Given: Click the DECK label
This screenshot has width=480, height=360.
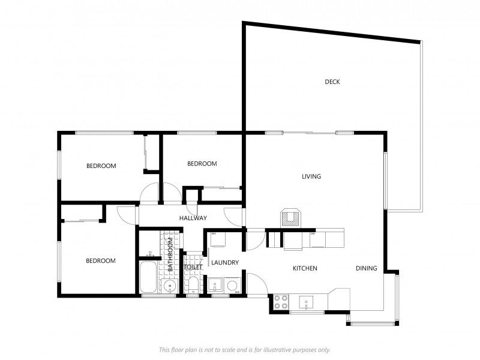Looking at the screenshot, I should (x=332, y=82).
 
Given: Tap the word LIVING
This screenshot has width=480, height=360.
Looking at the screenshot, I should (x=311, y=176).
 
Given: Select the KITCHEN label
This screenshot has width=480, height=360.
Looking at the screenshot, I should (x=305, y=268).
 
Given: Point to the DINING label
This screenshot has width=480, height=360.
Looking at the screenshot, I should (x=366, y=268).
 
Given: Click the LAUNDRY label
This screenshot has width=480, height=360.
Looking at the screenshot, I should (x=225, y=262).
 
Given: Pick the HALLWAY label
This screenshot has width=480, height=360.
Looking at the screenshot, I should (x=193, y=218).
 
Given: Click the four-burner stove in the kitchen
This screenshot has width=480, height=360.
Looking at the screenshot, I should (x=280, y=301).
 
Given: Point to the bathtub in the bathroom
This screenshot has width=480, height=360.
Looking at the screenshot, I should (x=149, y=277).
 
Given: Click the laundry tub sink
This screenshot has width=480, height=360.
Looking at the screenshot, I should (x=215, y=284).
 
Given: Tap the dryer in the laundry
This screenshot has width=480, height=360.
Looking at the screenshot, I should (x=217, y=239).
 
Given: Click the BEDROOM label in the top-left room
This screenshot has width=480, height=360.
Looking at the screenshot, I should (x=101, y=166).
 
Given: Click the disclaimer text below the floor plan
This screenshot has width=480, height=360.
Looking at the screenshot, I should (x=244, y=349).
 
